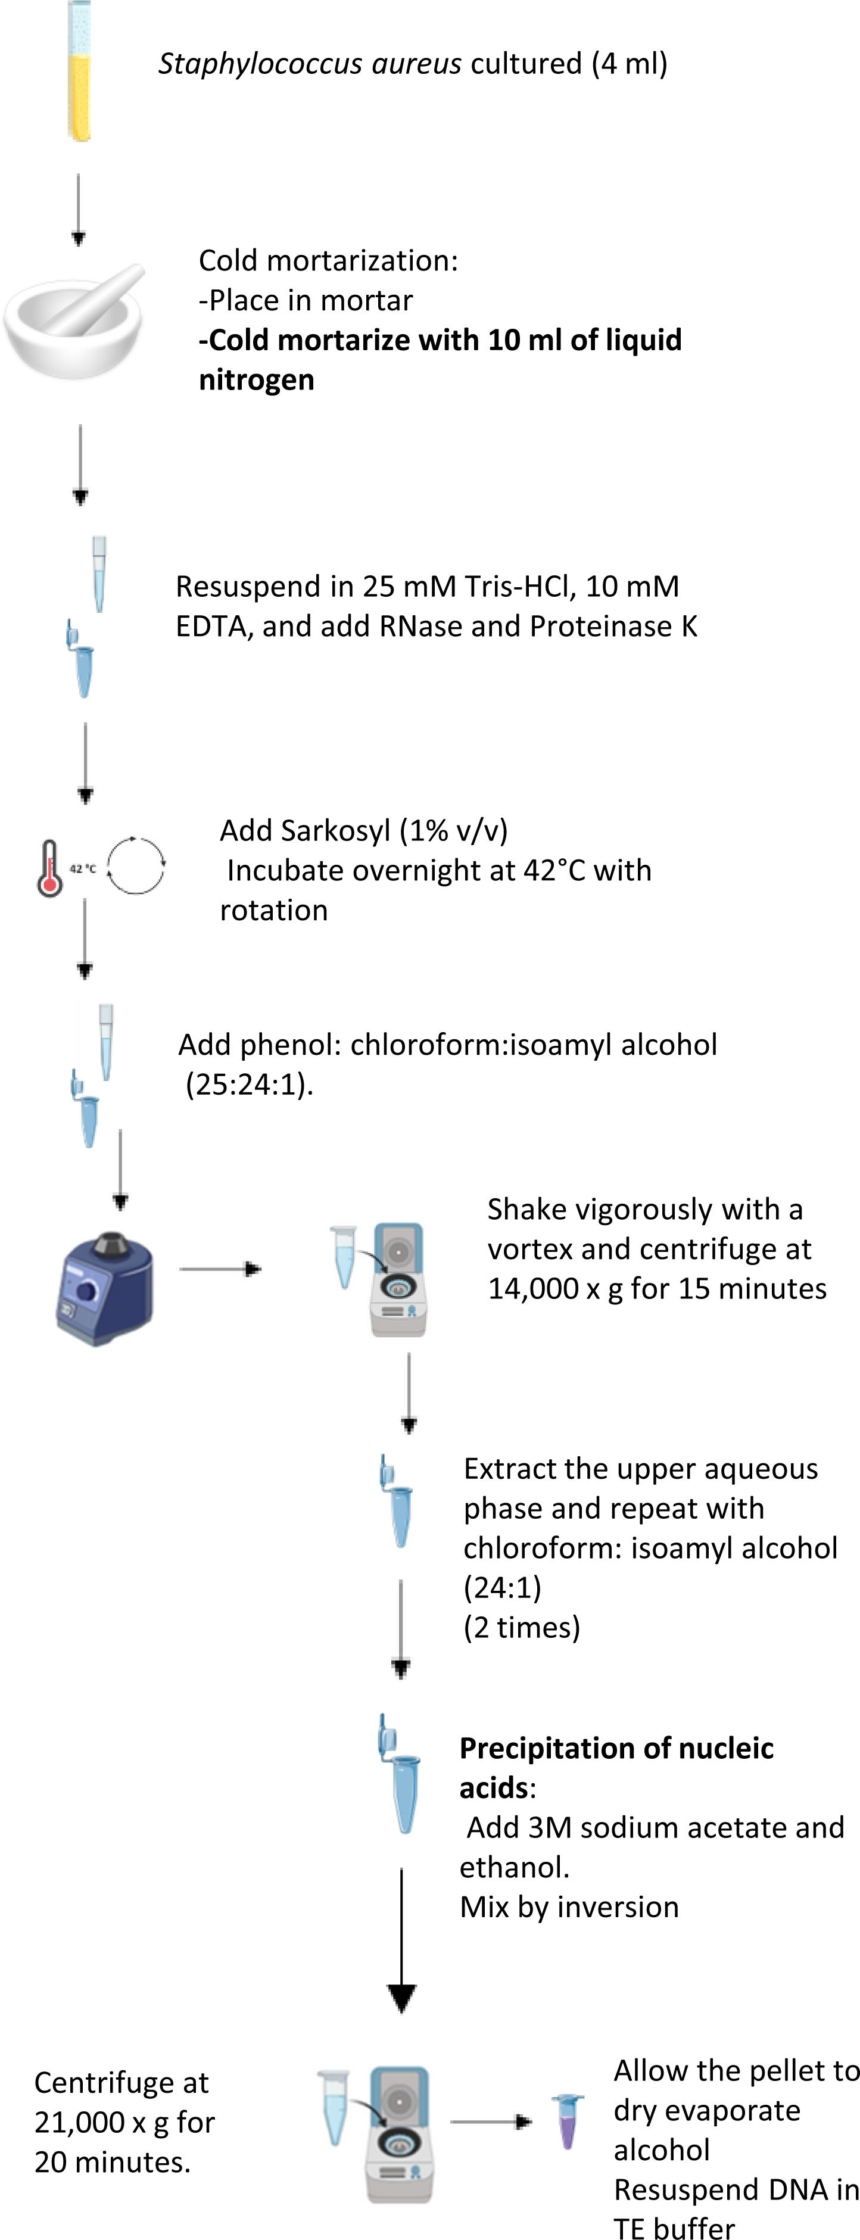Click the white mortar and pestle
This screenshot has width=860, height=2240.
pyautogui.click(x=76, y=320)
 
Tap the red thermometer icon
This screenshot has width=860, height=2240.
pyautogui.click(x=49, y=868)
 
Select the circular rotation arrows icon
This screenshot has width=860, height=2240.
pyautogui.click(x=136, y=865)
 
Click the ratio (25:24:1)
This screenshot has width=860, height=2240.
pyautogui.click(x=249, y=1085)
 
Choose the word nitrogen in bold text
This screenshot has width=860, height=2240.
pyautogui.click(x=257, y=380)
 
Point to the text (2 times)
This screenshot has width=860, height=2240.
pyautogui.click(x=522, y=1627)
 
